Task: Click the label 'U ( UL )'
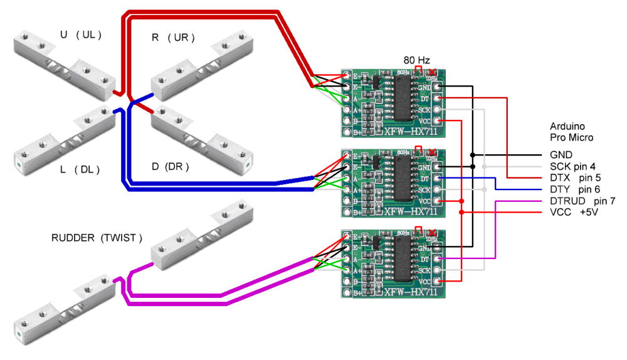pyautogui.click(x=80, y=35)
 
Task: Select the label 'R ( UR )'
pyautogui.click(x=173, y=38)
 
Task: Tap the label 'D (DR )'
pyautogui.click(x=170, y=167)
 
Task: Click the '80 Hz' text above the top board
pyautogui.click(x=417, y=60)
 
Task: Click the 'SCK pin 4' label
pyautogui.click(x=574, y=166)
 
